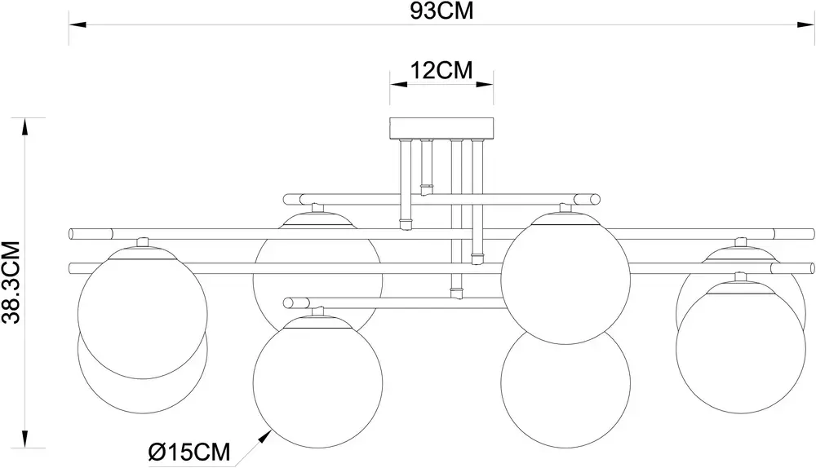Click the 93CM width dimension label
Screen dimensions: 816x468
(441, 11)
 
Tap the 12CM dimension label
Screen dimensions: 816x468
(441, 70)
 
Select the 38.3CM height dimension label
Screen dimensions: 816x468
(11, 282)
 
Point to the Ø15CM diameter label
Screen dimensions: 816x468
(189, 452)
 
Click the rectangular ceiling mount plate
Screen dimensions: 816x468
(441, 129)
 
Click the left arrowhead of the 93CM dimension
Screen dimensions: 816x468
(78, 24)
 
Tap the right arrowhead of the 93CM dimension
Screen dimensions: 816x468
(805, 24)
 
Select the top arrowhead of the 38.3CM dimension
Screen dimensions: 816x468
(24, 127)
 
